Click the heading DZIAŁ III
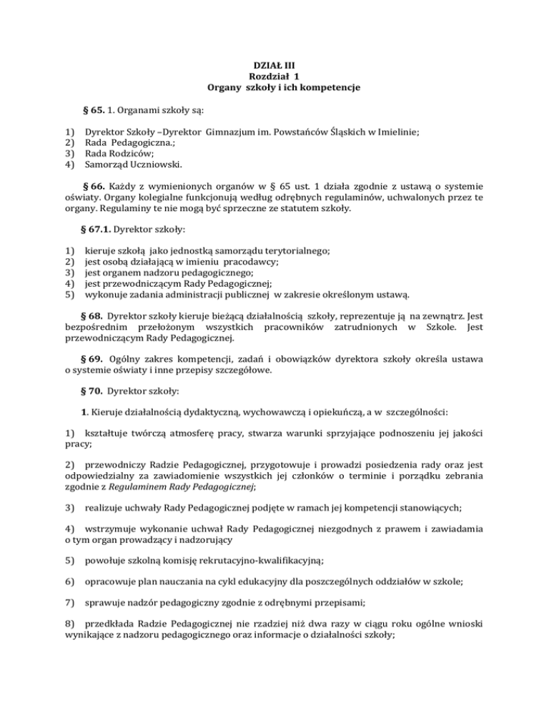(x=274, y=65)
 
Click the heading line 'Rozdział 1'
(x=274, y=77)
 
